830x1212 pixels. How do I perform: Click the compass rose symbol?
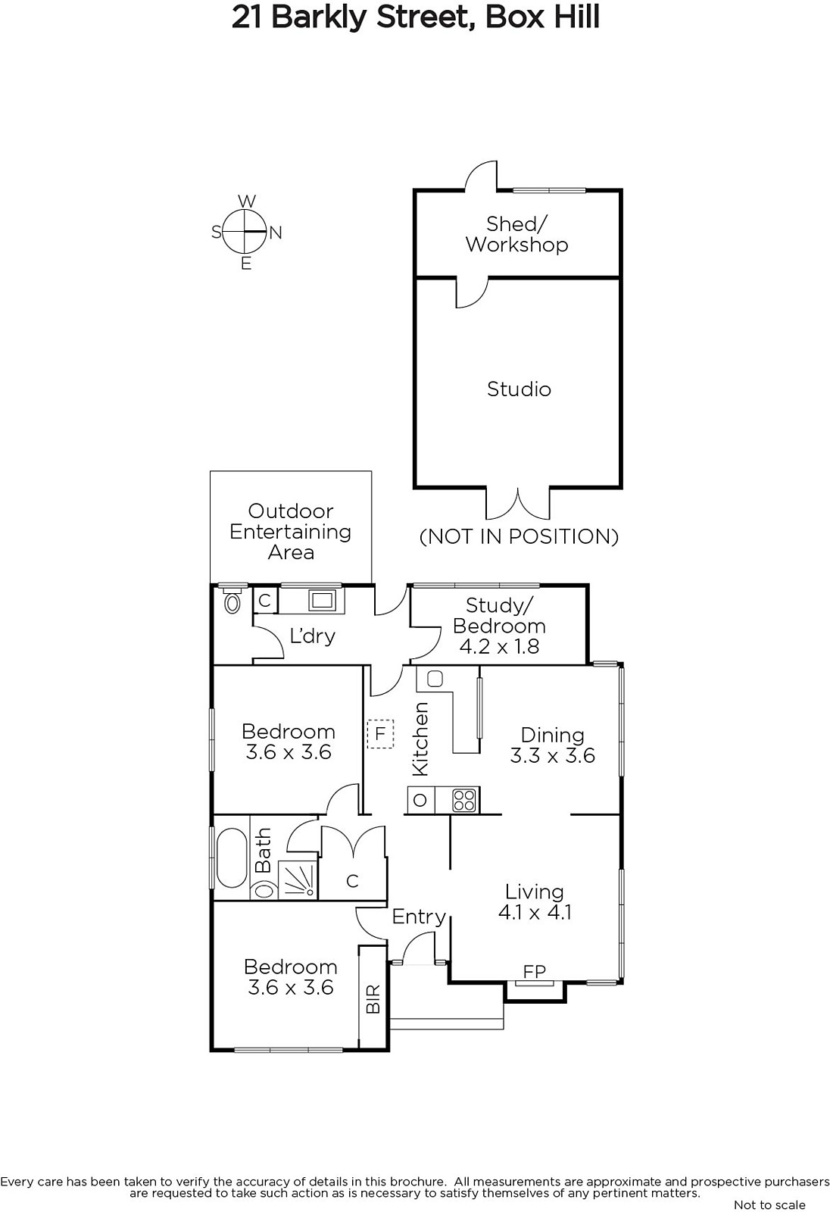pyautogui.click(x=245, y=232)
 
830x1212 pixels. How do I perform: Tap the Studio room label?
pyautogui.click(x=519, y=389)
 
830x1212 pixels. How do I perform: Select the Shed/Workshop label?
pyautogui.click(x=517, y=234)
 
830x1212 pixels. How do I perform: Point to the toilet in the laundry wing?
pyautogui.click(x=233, y=599)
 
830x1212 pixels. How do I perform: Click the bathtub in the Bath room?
pyautogui.click(x=232, y=859)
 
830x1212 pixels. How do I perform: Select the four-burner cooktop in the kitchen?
pyautogui.click(x=464, y=800)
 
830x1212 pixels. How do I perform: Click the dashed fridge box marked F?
pyautogui.click(x=380, y=734)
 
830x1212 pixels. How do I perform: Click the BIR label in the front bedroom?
pyautogui.click(x=373, y=999)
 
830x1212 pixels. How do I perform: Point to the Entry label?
pyautogui.click(x=419, y=917)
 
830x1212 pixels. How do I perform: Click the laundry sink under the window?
pyautogui.click(x=323, y=601)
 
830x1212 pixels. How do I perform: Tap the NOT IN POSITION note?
pyautogui.click(x=519, y=536)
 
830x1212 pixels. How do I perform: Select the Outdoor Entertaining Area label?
pyautogui.click(x=291, y=531)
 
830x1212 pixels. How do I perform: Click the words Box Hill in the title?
pyautogui.click(x=543, y=18)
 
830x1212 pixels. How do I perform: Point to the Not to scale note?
pyautogui.click(x=769, y=1204)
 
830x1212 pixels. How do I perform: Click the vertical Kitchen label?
pyautogui.click(x=420, y=739)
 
